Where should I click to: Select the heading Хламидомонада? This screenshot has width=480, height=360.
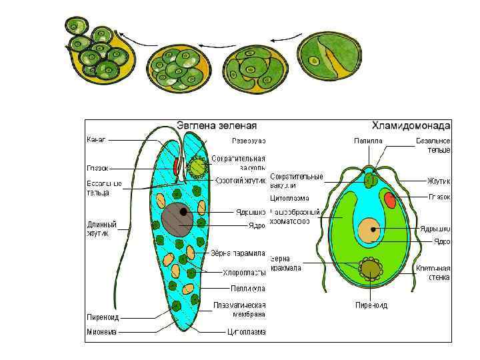[411, 125]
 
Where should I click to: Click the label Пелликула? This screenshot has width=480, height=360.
[249, 289]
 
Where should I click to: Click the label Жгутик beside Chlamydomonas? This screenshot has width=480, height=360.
[439, 180]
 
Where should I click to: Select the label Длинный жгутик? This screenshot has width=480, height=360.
[102, 228]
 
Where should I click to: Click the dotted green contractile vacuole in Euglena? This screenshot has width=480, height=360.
[198, 166]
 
